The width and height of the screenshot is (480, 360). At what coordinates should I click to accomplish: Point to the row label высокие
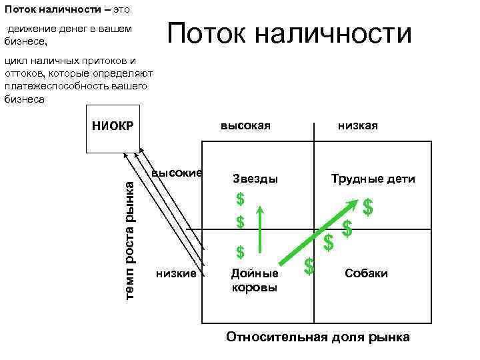point(177,173)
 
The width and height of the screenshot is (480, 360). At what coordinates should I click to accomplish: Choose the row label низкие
point(176,273)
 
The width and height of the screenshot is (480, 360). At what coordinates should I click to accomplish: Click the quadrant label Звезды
point(255,179)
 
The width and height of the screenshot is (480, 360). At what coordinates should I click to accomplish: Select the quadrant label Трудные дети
point(373,179)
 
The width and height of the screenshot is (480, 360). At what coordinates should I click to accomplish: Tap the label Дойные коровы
point(254,280)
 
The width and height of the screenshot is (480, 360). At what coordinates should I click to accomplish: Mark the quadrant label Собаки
point(366,273)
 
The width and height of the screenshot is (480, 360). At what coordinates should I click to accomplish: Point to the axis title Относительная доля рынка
point(318,337)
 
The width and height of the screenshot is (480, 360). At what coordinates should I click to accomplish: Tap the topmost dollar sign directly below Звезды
point(240,199)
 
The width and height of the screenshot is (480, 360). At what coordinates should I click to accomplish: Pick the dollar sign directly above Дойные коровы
point(241,252)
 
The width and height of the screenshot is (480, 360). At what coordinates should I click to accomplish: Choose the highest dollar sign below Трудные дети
point(367,207)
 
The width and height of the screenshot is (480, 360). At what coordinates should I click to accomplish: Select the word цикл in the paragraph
point(15,61)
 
